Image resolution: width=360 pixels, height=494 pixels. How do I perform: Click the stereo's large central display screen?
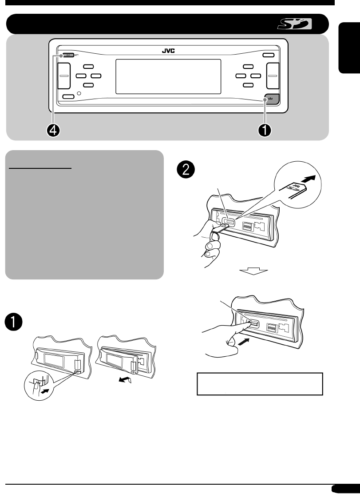(168, 76)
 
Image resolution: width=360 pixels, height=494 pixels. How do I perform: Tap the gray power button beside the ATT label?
(68, 56)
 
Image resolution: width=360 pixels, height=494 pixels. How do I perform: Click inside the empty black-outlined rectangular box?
(260, 384)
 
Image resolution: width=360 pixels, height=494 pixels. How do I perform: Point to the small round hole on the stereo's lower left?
(79, 94)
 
